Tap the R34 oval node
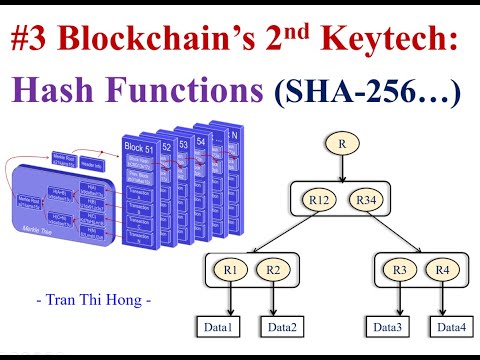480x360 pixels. point(367,200)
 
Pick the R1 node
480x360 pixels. point(231,270)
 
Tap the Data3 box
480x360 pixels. point(386,326)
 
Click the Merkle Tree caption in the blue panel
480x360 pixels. point(29,228)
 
